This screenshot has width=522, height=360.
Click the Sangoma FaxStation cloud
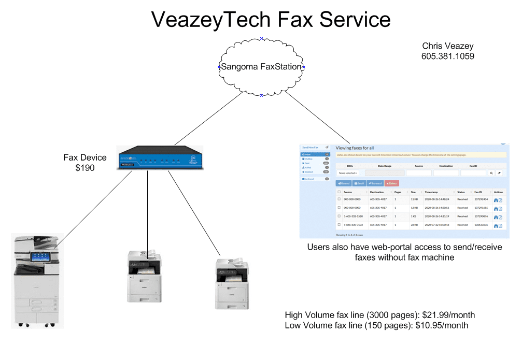click(x=261, y=67)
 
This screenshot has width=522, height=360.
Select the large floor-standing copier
click(x=37, y=280)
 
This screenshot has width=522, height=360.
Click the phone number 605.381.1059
click(x=447, y=56)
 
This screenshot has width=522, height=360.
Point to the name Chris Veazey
click(x=447, y=46)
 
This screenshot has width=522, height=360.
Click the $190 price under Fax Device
click(x=85, y=168)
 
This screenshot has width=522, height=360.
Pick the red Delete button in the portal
click(x=392, y=183)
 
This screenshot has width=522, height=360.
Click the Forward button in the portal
click(x=375, y=183)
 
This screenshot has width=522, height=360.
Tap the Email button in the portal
click(x=359, y=183)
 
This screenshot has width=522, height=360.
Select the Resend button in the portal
click(x=344, y=183)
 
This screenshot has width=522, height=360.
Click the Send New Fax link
click(x=311, y=148)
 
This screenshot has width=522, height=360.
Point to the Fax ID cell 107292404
click(x=481, y=199)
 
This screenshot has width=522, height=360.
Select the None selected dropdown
click(x=348, y=173)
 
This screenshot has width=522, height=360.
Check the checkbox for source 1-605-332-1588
click(x=339, y=216)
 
